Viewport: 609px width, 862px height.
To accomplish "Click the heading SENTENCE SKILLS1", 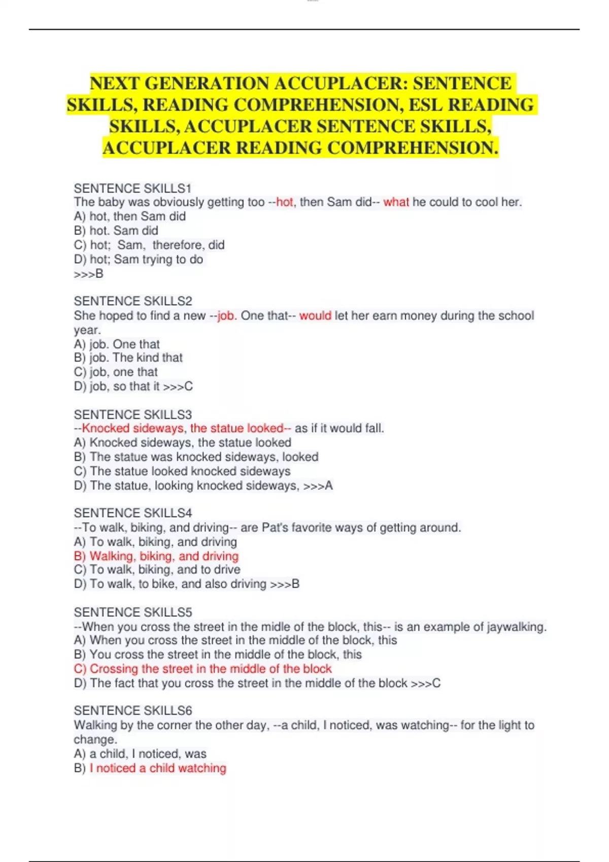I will point(132,189).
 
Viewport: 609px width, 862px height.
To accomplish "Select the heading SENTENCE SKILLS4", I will point(133,513).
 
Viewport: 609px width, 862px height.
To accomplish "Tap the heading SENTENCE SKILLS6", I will point(133,711).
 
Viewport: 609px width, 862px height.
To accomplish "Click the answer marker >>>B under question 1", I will point(89,274).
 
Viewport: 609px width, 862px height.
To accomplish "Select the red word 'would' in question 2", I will point(315,315).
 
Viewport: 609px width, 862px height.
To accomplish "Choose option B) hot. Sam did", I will point(116,231).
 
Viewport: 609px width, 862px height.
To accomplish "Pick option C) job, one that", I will point(116,372).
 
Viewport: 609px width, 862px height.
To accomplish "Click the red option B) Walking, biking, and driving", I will point(156,556).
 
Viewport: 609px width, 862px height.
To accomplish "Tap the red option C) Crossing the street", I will point(203,669).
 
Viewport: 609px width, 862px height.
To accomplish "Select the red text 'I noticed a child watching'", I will point(158,768).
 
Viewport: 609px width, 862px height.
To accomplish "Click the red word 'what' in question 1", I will point(396,202).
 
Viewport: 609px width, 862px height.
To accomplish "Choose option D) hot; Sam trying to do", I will point(139,260).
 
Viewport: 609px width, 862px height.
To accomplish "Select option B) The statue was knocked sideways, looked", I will point(196,457).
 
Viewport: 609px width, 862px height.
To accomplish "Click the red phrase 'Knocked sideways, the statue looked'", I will point(183,428).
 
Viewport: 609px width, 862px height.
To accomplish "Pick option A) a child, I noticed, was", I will point(140,754).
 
